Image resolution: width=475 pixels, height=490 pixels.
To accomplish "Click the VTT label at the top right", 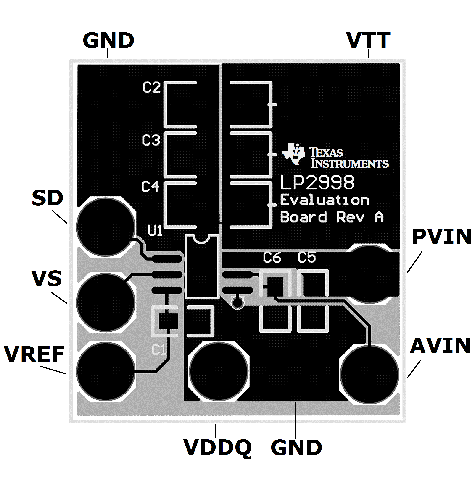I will (x=368, y=41).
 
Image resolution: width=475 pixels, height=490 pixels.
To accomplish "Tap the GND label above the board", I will (x=108, y=41).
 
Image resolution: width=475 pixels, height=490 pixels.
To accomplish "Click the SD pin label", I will (x=47, y=198).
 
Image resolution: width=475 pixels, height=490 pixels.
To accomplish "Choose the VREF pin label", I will (x=34, y=354).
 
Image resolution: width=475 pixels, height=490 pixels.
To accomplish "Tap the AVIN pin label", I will (x=440, y=346).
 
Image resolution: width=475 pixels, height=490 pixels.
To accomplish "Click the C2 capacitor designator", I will (x=151, y=88).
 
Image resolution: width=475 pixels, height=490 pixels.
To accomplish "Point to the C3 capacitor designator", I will (x=151, y=140).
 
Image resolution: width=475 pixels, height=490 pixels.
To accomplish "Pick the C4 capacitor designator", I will (x=150, y=187).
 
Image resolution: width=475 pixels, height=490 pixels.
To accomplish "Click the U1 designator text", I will (x=155, y=230).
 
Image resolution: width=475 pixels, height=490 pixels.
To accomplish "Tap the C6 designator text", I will (x=272, y=258).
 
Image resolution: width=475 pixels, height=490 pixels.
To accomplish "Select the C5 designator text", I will (x=306, y=258).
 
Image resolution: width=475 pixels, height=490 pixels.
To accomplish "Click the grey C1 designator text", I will (x=159, y=350).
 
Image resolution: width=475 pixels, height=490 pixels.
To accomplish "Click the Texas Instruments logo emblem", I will (x=293, y=154).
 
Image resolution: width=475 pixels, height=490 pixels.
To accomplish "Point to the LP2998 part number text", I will (x=317, y=182).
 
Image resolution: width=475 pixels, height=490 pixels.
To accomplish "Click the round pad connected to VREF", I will (x=105, y=372).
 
